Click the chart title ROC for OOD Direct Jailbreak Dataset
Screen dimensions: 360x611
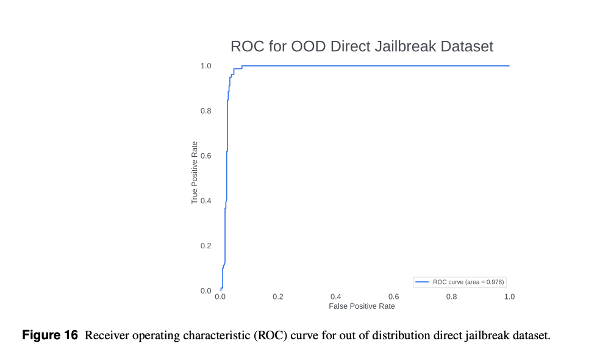[x=362, y=46]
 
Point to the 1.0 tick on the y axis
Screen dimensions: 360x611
[x=206, y=66]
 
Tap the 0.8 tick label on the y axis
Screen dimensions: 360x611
[x=206, y=111]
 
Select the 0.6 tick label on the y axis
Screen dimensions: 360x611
[x=206, y=156]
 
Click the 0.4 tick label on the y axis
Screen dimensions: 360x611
[x=206, y=201]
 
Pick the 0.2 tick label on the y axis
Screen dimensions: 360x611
[x=206, y=246]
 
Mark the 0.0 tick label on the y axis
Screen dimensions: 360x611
[x=206, y=290]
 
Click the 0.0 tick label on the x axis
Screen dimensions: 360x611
[x=221, y=297]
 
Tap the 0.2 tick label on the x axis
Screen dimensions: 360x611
[x=278, y=297]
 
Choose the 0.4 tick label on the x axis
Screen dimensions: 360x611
[x=336, y=297]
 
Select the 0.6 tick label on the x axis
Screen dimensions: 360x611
[x=394, y=297]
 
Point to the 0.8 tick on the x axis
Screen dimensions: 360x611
[x=451, y=297]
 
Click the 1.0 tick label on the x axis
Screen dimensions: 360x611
[x=509, y=297]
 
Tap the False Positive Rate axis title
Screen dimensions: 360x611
[x=362, y=306]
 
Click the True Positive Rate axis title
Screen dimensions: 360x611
[x=195, y=173]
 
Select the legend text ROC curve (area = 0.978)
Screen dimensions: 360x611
[x=468, y=282]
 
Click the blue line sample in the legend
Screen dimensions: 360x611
[x=423, y=282]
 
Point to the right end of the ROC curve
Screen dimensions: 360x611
[x=509, y=66]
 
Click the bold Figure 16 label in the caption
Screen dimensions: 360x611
[x=50, y=336]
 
